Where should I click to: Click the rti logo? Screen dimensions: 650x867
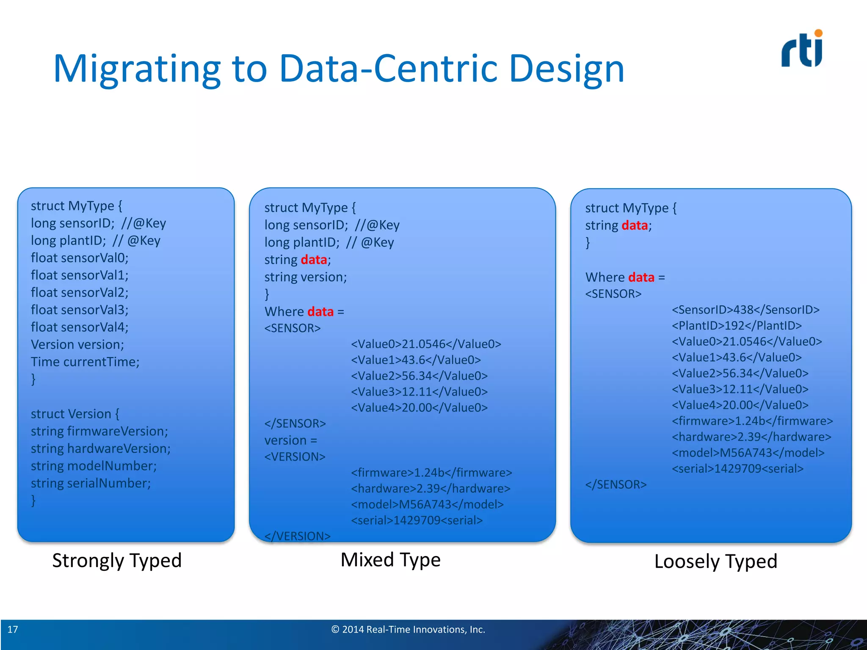(x=802, y=50)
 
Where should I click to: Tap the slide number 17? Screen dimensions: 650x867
(x=13, y=629)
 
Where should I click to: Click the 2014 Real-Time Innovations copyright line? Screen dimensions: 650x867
(x=408, y=629)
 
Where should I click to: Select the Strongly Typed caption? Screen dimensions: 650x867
(x=117, y=561)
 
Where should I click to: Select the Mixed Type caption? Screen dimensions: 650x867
(x=390, y=560)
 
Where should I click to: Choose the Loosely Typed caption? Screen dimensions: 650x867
(x=715, y=562)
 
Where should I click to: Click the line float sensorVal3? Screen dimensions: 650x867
(x=80, y=310)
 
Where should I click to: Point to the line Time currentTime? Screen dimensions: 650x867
(x=85, y=362)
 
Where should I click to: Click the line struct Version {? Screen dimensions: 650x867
(x=75, y=414)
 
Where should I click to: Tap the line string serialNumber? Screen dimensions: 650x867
(x=91, y=483)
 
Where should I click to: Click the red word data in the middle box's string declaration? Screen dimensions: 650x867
(x=314, y=260)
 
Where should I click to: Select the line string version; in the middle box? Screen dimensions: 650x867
(x=305, y=277)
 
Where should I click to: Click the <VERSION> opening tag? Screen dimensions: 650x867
(x=295, y=457)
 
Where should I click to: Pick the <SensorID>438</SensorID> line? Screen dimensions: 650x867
(x=745, y=310)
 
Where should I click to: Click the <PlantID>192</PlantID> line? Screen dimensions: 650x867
(x=737, y=326)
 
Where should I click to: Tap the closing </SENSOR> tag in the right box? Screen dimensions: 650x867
(x=616, y=485)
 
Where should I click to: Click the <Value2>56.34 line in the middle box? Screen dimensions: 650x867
(x=419, y=376)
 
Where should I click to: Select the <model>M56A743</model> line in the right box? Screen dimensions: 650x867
(x=748, y=453)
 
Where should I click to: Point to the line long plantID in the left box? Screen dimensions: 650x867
(x=95, y=241)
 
